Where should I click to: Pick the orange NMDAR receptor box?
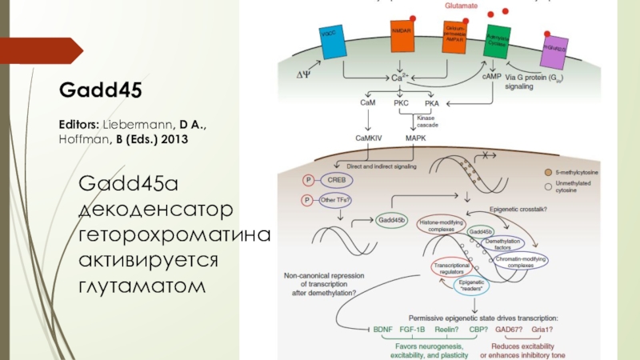point(402,38)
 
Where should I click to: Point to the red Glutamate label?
point(462,6)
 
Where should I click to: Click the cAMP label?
point(492,77)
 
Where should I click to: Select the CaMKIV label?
point(370,138)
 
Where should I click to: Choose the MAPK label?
point(416,138)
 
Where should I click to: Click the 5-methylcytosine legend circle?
point(547,172)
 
